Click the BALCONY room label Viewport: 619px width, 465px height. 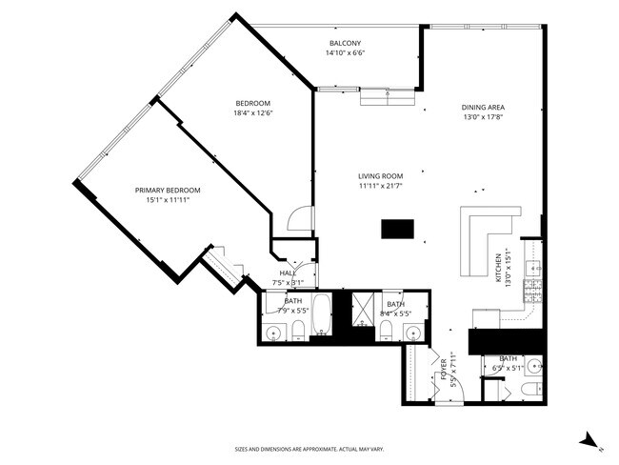tap(345, 44)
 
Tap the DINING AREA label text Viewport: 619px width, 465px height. tap(483, 108)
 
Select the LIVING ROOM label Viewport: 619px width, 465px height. tap(381, 176)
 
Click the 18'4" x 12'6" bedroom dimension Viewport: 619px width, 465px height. tap(253, 112)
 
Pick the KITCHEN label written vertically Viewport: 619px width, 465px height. tap(497, 267)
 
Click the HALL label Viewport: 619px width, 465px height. tap(288, 273)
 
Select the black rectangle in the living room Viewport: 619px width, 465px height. tap(397, 229)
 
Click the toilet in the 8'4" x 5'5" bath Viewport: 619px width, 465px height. tap(386, 330)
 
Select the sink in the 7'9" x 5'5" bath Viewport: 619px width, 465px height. tap(275, 333)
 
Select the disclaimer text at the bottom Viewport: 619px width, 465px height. tap(309, 449)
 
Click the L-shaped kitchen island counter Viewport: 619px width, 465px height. tap(485, 238)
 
